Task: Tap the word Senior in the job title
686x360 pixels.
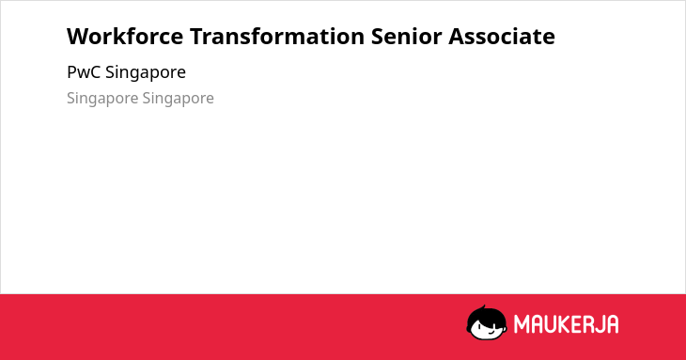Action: (x=407, y=36)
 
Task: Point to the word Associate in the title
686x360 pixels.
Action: (x=502, y=36)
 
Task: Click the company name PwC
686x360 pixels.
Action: (x=84, y=71)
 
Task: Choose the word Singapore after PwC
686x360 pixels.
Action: (x=146, y=72)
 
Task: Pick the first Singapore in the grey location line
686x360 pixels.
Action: (x=102, y=99)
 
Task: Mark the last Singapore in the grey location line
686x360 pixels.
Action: (x=178, y=99)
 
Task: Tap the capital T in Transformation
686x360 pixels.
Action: (x=197, y=37)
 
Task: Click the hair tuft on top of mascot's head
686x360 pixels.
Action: (x=483, y=307)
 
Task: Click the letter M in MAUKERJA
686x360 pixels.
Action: (x=521, y=324)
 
